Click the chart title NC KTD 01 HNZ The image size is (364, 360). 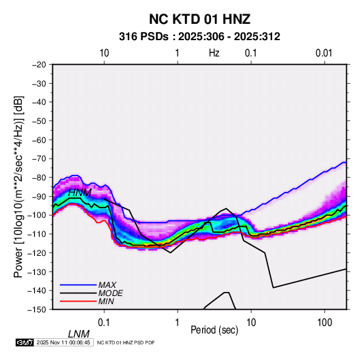tap(199, 19)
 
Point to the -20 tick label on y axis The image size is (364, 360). tap(39, 65)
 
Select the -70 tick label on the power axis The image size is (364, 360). tap(39, 159)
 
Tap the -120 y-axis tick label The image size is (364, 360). tap(37, 252)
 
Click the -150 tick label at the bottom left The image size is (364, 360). tap(37, 310)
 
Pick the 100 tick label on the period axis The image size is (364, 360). tap(325, 323)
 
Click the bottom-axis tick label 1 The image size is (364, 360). tap(178, 323)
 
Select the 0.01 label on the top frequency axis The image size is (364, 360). tap(324, 53)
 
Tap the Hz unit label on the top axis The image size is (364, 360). tap(214, 53)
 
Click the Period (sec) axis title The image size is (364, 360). tap(214, 330)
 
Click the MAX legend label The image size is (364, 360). tap(107, 285)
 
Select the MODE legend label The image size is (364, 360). tap(110, 293)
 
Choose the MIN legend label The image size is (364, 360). tap(106, 301)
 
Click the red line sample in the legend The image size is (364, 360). tap(78, 301)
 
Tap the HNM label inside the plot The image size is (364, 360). tap(80, 193)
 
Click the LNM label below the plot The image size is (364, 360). tap(78, 334)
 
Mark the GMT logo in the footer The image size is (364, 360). tap(25, 342)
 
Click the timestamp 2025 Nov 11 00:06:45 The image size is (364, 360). tap(63, 342)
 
